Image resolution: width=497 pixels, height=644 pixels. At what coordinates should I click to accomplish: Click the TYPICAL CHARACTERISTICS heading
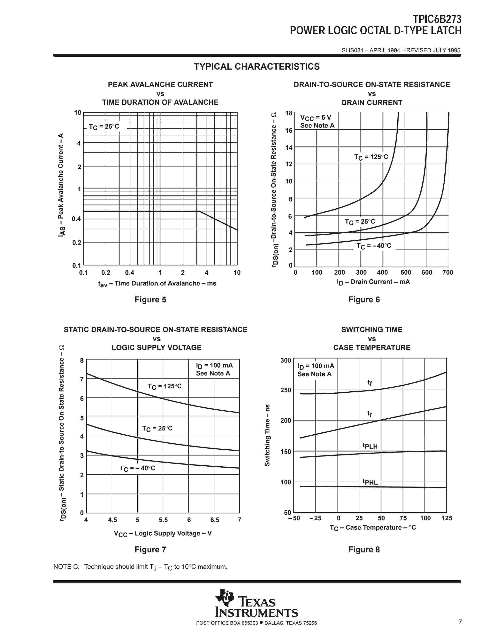257,67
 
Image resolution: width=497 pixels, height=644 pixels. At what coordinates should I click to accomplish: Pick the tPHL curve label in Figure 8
370,482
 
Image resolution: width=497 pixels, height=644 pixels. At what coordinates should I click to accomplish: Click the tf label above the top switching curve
370,383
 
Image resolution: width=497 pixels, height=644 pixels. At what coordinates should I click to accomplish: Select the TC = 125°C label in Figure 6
371,157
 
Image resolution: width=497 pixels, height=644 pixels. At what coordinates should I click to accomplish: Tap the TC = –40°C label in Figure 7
137,468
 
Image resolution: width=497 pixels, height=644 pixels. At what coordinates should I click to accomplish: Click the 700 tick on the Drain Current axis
447,272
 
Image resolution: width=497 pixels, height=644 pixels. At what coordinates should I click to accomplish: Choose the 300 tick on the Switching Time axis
286,360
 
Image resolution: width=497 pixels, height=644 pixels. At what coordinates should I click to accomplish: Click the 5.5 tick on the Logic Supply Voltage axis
163,520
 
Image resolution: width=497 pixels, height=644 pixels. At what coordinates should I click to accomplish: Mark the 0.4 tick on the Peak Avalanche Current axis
76,219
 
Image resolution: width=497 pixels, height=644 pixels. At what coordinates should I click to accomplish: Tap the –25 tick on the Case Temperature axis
315,518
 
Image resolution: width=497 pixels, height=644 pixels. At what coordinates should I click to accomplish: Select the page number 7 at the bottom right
460,622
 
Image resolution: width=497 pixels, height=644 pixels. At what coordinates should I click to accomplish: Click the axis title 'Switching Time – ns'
267,435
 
